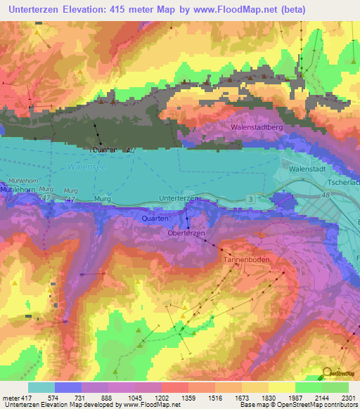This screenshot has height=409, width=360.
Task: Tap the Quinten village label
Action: pos(105,150)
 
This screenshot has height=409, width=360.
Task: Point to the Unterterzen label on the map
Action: pos(179,199)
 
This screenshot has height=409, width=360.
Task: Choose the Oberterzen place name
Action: pos(186,233)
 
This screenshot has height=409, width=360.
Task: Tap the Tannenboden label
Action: pos(246,259)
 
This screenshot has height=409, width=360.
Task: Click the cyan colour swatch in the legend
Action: pos(41,387)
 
